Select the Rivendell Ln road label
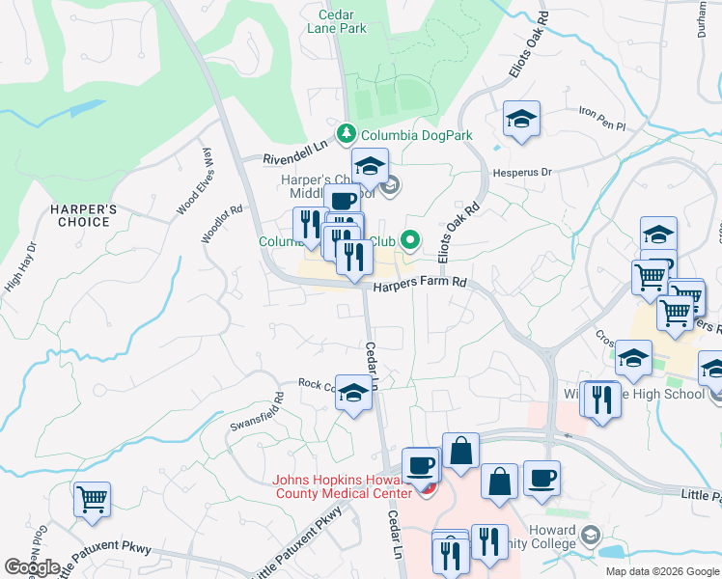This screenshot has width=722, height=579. point(296,151)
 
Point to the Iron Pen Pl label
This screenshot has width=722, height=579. point(602,118)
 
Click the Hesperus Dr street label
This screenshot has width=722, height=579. point(521,172)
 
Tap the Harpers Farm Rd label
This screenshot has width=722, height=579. point(420,284)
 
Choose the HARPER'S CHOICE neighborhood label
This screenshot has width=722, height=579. point(83,215)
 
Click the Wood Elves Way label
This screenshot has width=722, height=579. point(191,188)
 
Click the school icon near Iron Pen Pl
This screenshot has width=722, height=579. point(521,119)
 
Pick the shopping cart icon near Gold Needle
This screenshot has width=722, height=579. point(92,500)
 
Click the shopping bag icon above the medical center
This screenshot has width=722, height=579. point(461,451)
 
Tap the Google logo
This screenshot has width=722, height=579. point(32,567)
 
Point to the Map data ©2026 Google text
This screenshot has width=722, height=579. point(661,571)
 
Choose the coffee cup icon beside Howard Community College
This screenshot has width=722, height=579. point(541,479)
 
